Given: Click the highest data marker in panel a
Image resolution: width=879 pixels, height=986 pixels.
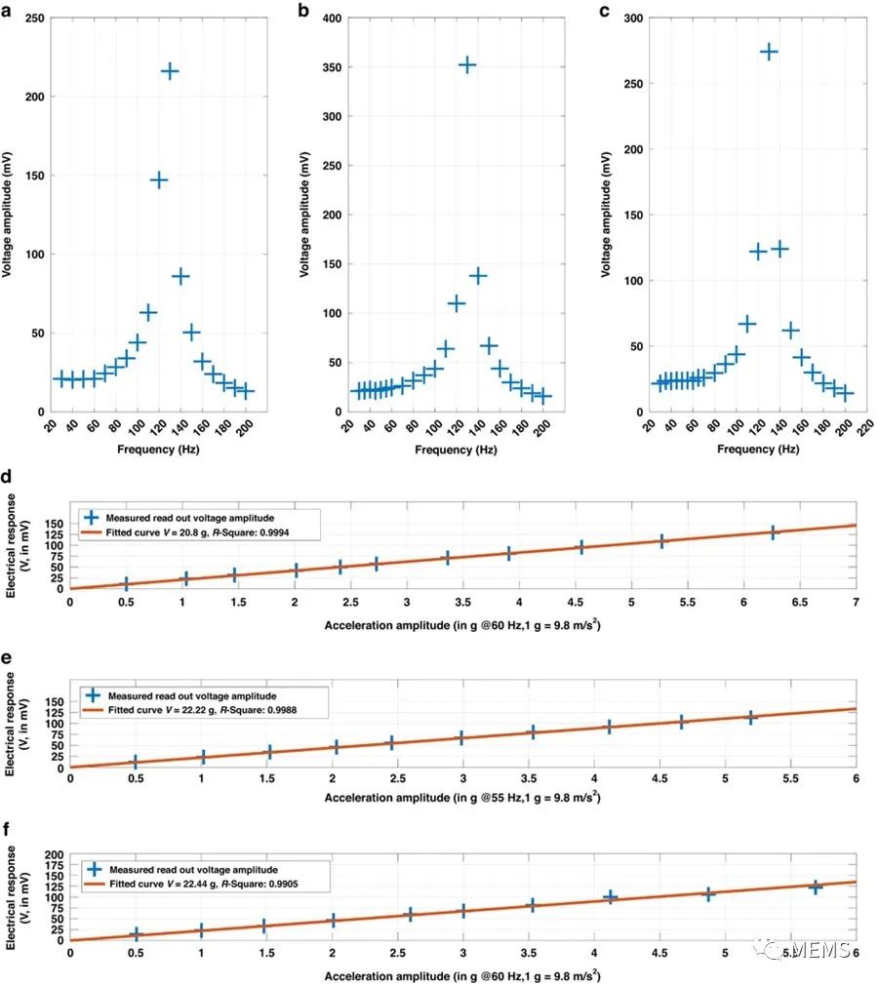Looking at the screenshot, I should [x=170, y=71].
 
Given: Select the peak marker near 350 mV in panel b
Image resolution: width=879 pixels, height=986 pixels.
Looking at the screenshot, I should [x=467, y=64].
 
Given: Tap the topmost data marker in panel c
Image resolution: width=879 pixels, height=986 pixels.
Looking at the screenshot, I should [x=769, y=52].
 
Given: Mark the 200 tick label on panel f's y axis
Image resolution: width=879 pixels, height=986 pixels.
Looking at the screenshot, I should [x=55, y=853].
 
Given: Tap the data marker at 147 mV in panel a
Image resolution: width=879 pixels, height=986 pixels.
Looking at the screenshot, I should [x=159, y=180].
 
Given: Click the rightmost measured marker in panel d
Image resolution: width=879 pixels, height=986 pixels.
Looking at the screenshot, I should [x=773, y=532].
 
